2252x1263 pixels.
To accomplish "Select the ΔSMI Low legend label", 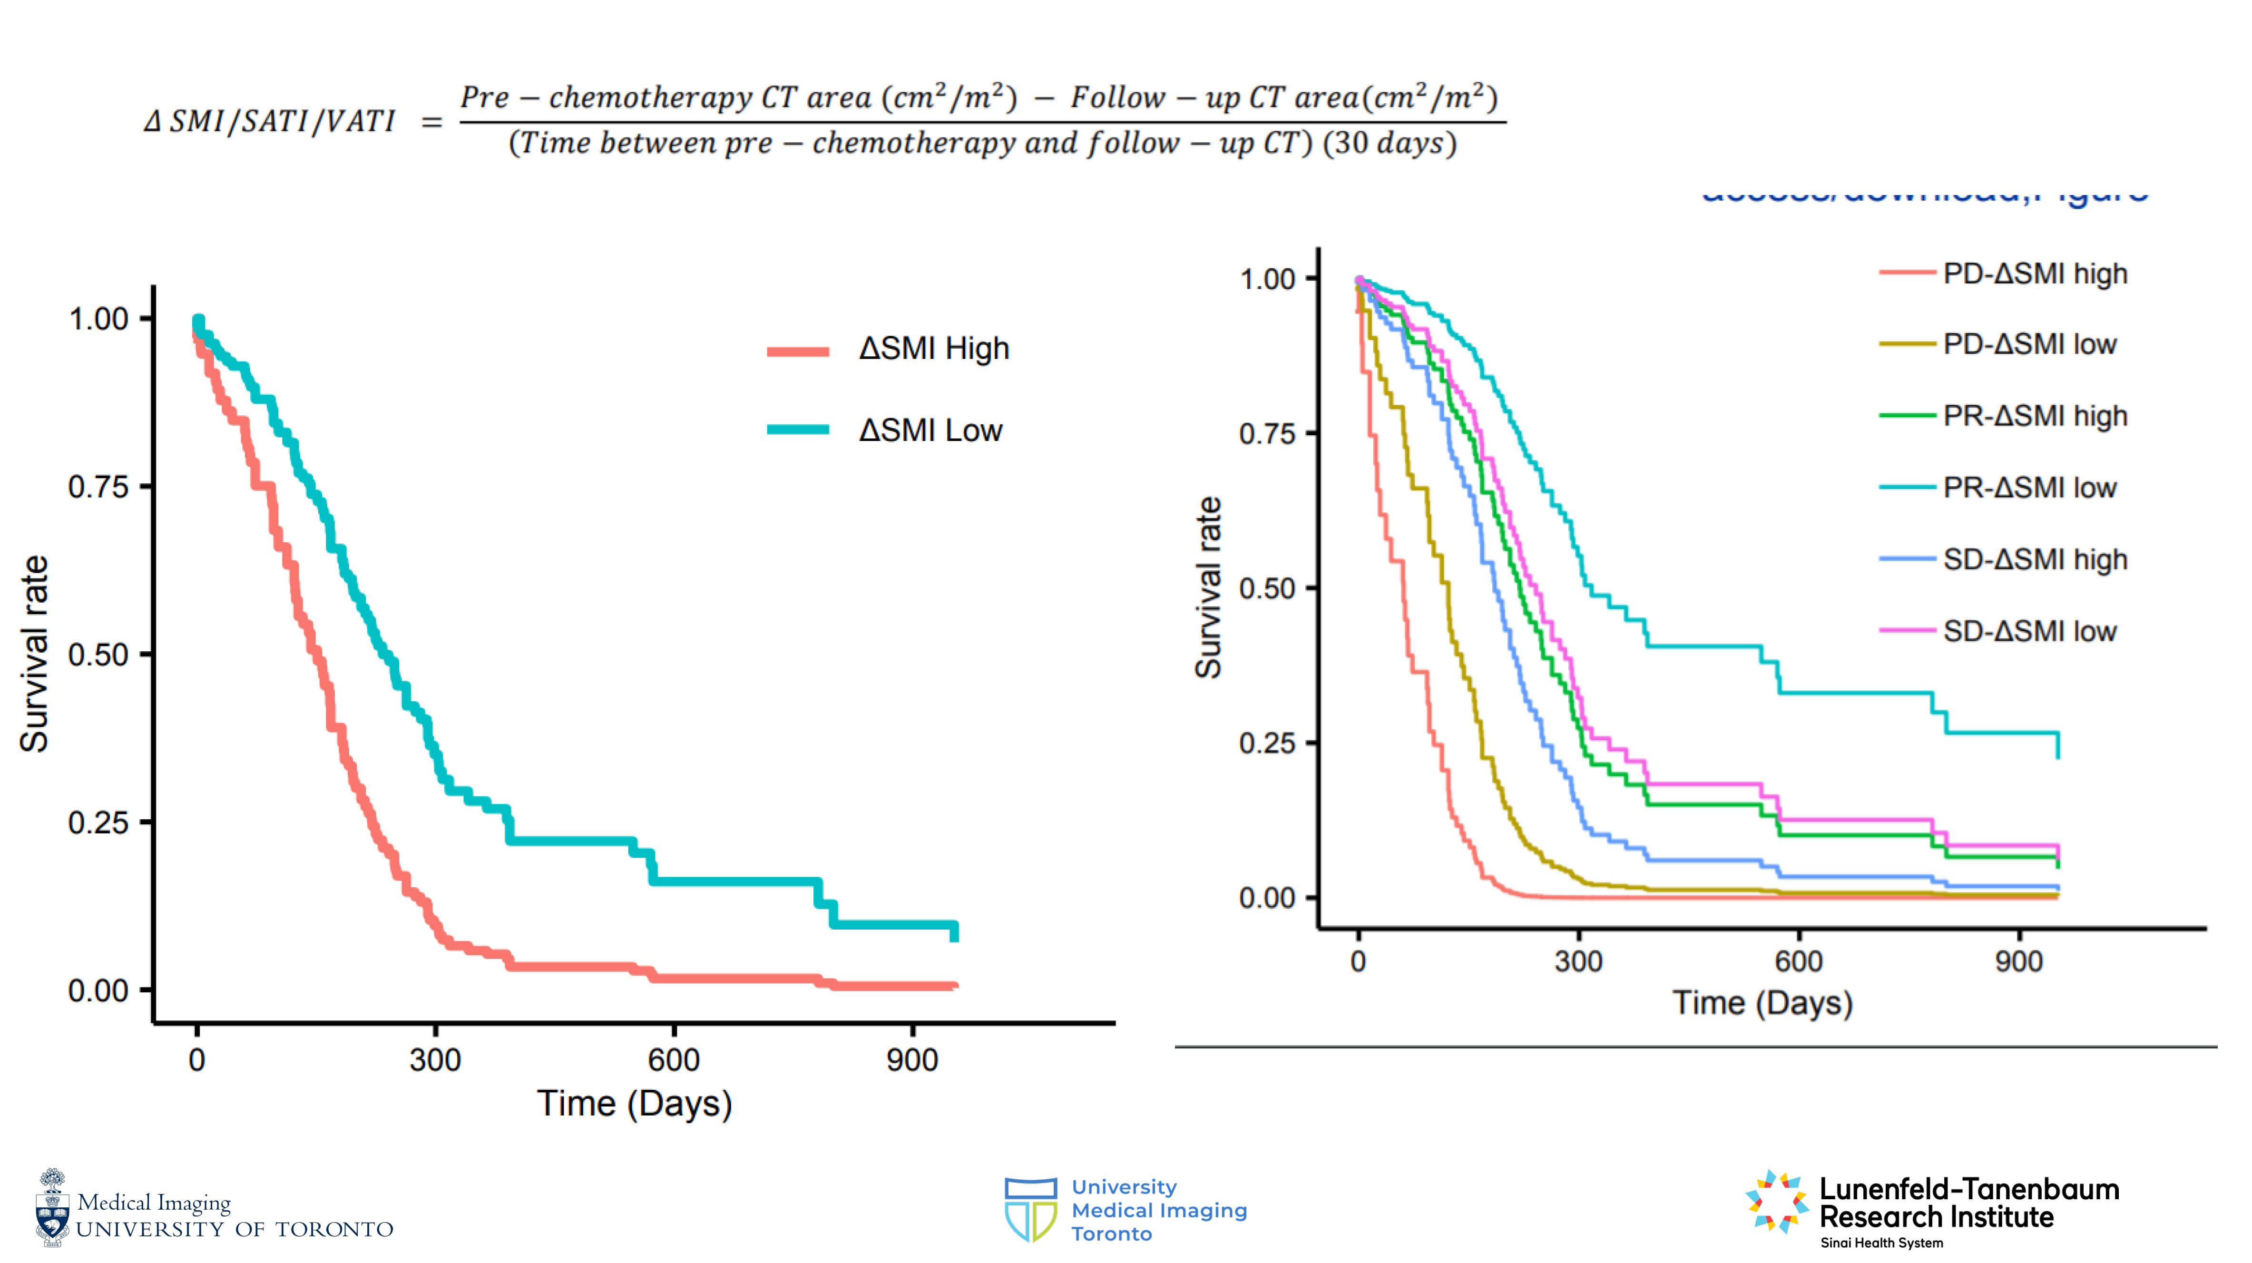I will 930,430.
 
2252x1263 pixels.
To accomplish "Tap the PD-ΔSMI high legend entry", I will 2034,274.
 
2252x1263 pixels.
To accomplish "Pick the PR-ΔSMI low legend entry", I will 2029,488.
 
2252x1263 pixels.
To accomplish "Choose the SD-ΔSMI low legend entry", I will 2029,631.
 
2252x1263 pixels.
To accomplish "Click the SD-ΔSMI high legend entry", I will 2034,559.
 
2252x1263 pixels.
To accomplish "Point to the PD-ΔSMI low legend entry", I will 2029,344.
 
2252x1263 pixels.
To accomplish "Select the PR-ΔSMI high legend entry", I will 2034,416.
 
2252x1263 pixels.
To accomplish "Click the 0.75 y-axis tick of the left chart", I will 98,487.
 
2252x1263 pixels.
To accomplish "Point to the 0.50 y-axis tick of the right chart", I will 1267,589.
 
